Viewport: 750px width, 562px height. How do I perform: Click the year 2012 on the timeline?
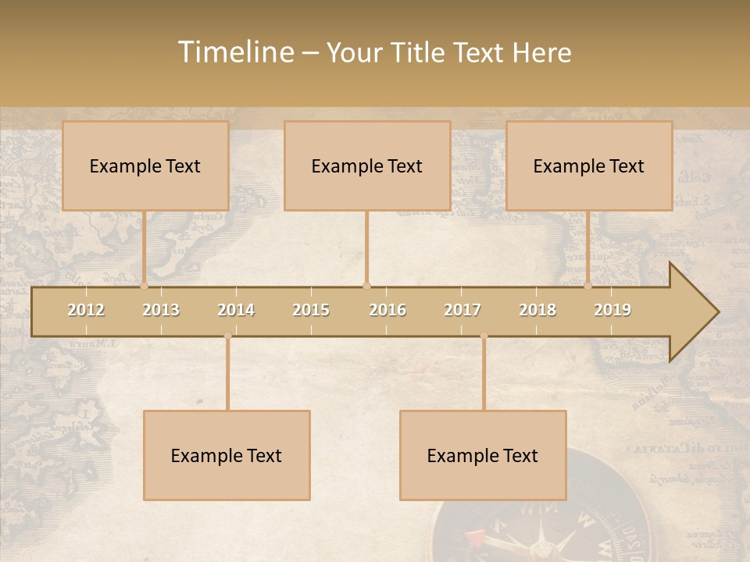[86, 311]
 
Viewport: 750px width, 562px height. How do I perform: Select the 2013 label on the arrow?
[161, 311]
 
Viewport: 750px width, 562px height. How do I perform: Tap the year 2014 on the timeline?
[236, 311]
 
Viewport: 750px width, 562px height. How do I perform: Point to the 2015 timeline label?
[311, 311]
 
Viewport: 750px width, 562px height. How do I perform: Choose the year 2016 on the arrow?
[387, 311]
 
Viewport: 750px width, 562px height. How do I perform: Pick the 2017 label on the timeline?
[462, 311]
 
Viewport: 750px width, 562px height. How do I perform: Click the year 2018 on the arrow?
[537, 311]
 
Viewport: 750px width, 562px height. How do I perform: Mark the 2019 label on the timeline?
[612, 311]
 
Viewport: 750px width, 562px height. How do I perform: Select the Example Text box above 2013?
[145, 165]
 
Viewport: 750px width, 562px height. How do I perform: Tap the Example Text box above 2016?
[367, 165]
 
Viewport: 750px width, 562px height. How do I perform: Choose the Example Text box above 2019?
[589, 165]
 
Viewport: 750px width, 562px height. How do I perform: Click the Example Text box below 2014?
[227, 456]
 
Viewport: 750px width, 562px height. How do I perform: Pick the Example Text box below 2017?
[483, 456]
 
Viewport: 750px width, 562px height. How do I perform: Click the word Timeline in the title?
[234, 52]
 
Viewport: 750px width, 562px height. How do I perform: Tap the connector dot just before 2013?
[145, 286]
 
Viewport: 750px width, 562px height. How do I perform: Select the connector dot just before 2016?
[366, 286]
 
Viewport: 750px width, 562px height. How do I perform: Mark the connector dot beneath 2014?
[227, 336]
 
